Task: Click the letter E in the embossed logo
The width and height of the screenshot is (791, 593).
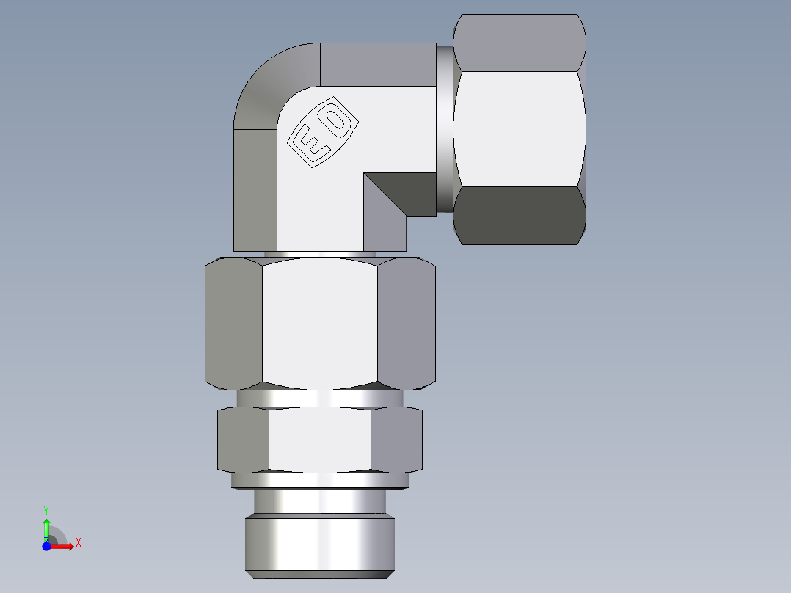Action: coord(310,144)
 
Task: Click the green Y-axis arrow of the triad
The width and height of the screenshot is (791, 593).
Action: coord(46,527)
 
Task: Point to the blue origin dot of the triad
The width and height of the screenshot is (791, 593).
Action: coord(46,546)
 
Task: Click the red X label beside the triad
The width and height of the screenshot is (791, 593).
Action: coord(79,543)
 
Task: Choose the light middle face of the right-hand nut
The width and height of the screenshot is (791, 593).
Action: coord(518,128)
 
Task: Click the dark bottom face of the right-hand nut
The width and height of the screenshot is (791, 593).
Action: coord(518,214)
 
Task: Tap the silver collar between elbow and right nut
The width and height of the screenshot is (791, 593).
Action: coord(444,129)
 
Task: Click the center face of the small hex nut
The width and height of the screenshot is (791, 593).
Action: coord(320,440)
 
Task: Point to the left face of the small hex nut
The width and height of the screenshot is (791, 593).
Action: coord(243,440)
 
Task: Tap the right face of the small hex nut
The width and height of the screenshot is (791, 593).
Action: coord(396,440)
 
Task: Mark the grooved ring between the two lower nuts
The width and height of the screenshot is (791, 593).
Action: coord(320,397)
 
